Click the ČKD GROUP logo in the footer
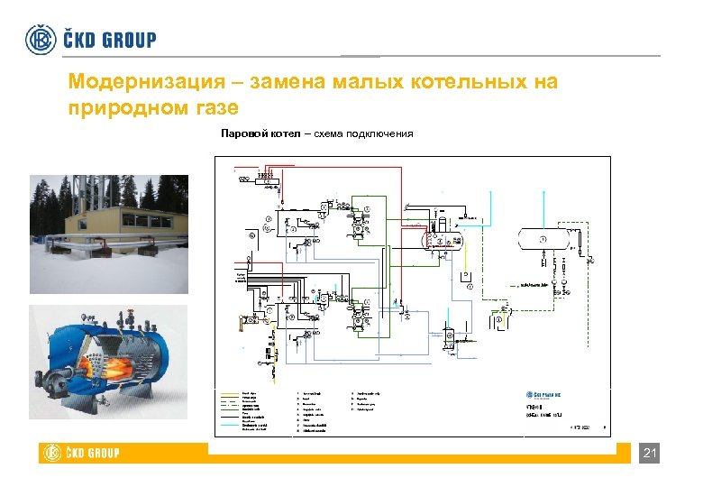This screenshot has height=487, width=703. coord(79,453)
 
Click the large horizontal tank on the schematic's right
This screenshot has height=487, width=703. coord(543,238)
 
